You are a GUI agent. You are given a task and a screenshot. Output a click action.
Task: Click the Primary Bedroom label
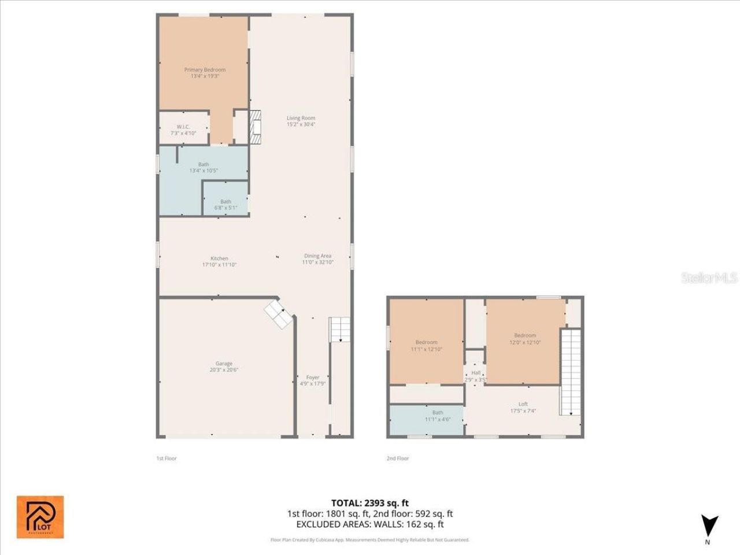click(x=205, y=73)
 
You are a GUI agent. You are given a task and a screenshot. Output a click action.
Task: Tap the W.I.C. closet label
click(x=183, y=130)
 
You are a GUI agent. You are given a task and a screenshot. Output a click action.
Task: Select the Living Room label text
click(x=301, y=121)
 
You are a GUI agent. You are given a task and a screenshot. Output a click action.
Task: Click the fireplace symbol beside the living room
click(x=256, y=127)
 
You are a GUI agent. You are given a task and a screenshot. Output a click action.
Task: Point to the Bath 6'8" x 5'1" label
click(x=225, y=205)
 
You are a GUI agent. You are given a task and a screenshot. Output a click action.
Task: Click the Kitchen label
click(x=219, y=261)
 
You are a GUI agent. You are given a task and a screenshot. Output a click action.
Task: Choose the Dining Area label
click(x=317, y=259)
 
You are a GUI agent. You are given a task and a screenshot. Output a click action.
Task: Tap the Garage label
click(x=224, y=367)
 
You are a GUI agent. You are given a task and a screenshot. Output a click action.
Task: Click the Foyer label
click(x=312, y=380)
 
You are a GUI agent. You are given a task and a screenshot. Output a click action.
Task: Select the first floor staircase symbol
click(x=340, y=329)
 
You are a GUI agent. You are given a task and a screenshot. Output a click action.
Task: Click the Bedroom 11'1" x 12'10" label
click(x=426, y=346)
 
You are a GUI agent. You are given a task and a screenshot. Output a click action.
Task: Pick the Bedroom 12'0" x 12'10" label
click(x=525, y=339)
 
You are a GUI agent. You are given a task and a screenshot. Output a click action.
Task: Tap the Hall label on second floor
click(x=476, y=376)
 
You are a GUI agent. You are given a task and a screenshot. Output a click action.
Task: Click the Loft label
click(x=523, y=407)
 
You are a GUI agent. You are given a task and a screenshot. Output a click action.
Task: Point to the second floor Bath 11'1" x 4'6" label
click(x=438, y=416)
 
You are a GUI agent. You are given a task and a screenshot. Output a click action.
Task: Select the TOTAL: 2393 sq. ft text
click(x=369, y=503)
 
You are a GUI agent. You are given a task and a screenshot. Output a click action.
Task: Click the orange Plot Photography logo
click(x=40, y=517)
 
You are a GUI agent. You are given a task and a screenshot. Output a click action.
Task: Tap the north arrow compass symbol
click(x=709, y=526)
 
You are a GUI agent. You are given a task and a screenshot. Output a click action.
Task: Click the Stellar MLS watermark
click(x=709, y=278)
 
